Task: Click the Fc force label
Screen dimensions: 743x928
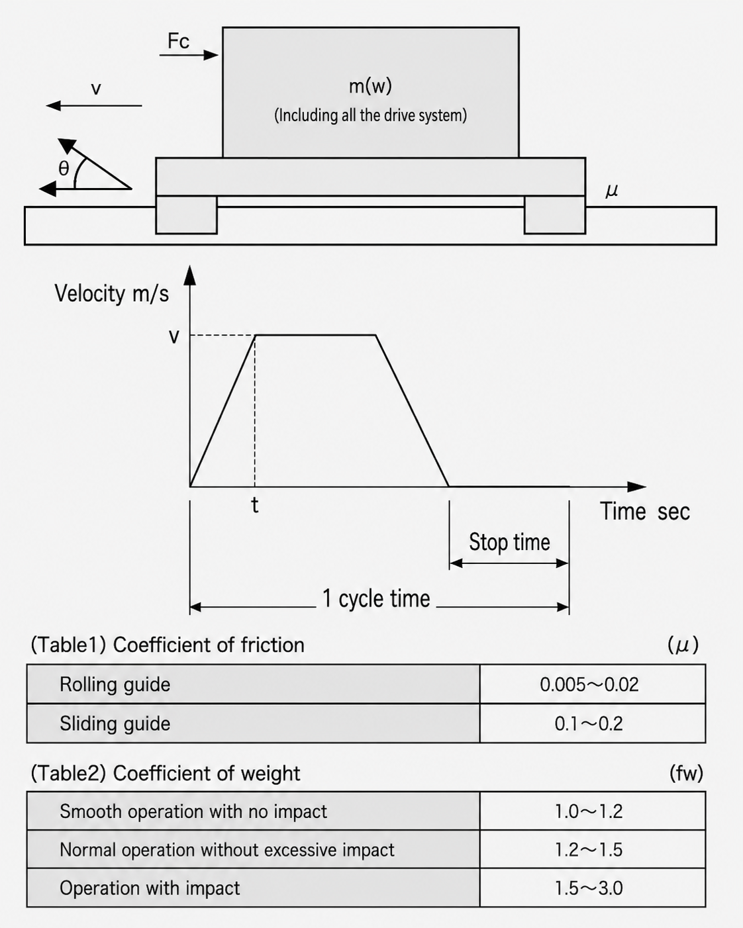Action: pyautogui.click(x=178, y=41)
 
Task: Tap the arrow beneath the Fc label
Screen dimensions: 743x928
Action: pyautogui.click(x=189, y=55)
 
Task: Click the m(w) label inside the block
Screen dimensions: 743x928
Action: pyautogui.click(x=370, y=86)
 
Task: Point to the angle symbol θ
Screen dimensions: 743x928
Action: pyautogui.click(x=64, y=168)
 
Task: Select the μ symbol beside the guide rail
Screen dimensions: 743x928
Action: pyautogui.click(x=612, y=190)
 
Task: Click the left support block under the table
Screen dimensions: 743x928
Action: pyautogui.click(x=186, y=214)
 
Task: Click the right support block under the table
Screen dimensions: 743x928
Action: pyautogui.click(x=555, y=214)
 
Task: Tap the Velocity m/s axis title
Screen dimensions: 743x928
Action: pyautogui.click(x=111, y=294)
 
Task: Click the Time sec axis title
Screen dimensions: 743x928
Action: pyautogui.click(x=644, y=512)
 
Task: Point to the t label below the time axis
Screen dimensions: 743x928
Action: pyautogui.click(x=255, y=505)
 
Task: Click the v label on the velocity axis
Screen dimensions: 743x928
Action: pyautogui.click(x=173, y=336)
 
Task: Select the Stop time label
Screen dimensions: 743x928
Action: pyautogui.click(x=510, y=542)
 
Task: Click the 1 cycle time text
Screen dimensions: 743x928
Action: pyautogui.click(x=376, y=598)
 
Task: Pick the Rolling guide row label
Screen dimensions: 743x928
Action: pyautogui.click(x=115, y=684)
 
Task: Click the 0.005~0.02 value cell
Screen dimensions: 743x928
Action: pyautogui.click(x=589, y=685)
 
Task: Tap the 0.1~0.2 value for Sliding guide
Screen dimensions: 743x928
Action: pyautogui.click(x=589, y=723)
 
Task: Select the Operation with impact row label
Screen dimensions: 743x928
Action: pyautogui.click(x=150, y=888)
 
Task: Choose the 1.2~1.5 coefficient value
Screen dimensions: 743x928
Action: pyautogui.click(x=589, y=849)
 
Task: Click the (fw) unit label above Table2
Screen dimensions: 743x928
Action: pyautogui.click(x=686, y=772)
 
